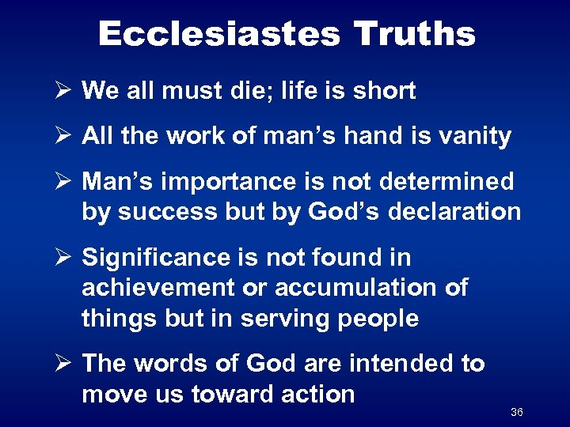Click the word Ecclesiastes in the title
[219, 34]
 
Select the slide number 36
[517, 412]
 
